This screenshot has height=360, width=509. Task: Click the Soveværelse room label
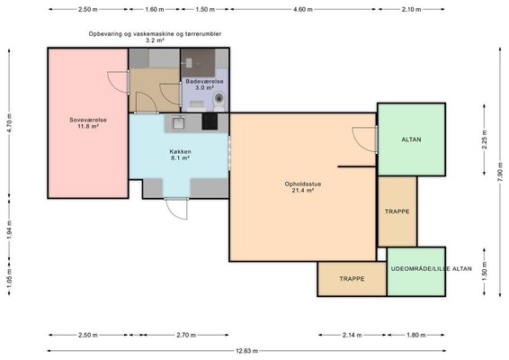88,120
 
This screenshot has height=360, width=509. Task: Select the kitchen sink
178,123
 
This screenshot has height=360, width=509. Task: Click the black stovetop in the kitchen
210,121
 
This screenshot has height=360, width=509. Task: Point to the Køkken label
180,152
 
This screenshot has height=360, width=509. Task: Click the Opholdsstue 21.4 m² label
303,187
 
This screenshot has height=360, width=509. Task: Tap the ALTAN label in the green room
411,139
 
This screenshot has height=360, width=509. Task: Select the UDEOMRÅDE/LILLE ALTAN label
431,269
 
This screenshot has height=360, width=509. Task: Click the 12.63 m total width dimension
246,351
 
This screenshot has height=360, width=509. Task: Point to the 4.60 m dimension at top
303,9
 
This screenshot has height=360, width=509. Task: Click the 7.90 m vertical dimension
500,172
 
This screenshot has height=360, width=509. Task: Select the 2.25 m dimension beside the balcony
485,139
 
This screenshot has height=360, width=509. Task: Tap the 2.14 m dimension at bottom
352,335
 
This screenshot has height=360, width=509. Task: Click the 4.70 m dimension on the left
9,123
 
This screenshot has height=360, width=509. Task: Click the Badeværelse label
204,82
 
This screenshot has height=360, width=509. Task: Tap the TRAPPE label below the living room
352,279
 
